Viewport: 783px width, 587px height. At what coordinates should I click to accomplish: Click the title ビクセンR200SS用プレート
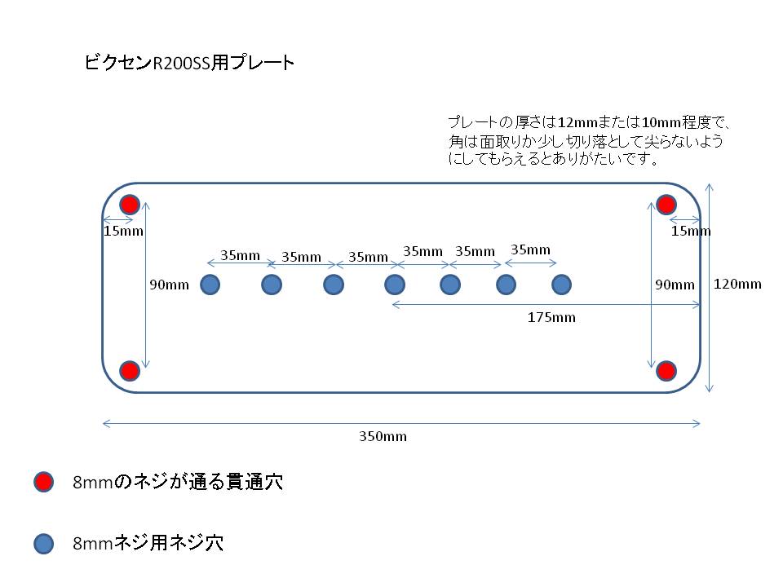pos(189,63)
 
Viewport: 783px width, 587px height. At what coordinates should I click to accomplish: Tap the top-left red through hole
pos(130,205)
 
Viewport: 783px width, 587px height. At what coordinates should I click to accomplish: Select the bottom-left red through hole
pos(130,371)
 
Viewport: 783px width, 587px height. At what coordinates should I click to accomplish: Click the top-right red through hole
pos(666,205)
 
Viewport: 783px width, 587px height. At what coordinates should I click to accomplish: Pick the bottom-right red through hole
pos(666,371)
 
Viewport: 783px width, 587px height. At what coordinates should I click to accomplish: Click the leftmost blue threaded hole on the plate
pos(210,285)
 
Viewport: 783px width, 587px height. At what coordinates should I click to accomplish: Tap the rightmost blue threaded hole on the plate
pos(561,285)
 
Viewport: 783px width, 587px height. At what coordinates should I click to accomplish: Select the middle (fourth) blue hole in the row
pos(395,285)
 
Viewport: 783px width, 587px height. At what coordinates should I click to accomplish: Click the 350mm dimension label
pos(383,436)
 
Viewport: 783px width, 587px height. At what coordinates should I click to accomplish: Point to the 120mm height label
pos(737,284)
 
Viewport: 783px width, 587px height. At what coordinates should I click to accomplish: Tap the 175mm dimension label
pos(552,317)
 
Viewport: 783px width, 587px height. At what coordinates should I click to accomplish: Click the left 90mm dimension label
pos(170,285)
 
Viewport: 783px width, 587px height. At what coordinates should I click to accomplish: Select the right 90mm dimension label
pos(675,285)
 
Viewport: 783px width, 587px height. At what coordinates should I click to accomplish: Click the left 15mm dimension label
pos(123,231)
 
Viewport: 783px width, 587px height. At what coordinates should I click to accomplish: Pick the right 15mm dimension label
pos(691,231)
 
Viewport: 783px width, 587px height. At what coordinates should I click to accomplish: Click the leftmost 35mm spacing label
pos(240,255)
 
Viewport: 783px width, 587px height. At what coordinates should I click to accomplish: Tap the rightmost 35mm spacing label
pos(530,249)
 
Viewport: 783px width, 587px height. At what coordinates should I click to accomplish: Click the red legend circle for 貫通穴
pos(43,482)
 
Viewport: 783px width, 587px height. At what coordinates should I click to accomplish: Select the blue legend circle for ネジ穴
pos(43,544)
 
